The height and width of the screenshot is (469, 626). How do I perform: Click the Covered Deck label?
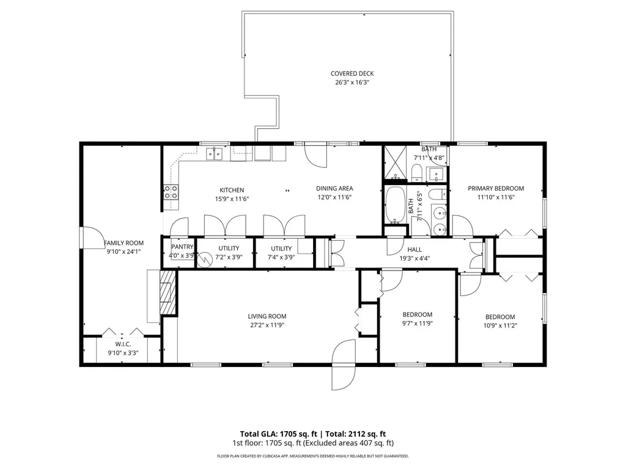click(352, 73)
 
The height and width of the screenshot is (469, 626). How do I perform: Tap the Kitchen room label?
click(232, 191)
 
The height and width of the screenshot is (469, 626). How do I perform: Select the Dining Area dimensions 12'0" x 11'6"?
click(334, 197)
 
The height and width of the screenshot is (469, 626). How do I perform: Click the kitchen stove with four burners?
click(171, 192)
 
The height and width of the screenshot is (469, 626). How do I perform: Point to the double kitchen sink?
click(215, 153)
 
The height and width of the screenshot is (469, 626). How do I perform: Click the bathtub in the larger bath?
click(396, 204)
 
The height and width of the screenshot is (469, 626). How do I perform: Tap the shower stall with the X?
click(395, 164)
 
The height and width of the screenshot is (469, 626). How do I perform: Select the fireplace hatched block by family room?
click(168, 292)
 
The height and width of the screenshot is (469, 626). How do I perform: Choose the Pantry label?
click(182, 247)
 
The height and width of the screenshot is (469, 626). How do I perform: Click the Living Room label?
click(267, 316)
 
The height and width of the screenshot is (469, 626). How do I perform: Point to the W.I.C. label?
click(123, 344)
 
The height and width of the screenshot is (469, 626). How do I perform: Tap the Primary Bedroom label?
click(496, 188)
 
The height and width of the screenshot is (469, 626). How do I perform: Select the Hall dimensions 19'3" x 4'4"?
click(414, 258)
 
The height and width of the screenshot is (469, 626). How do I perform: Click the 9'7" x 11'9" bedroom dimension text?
click(417, 324)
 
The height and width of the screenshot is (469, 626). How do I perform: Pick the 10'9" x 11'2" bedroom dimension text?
click(500, 325)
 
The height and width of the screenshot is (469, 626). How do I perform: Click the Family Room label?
click(123, 243)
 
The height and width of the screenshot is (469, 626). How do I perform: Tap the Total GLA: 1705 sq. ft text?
click(278, 434)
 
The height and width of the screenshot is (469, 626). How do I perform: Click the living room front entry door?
click(344, 365)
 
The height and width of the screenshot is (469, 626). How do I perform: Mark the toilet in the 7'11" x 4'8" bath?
click(416, 172)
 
